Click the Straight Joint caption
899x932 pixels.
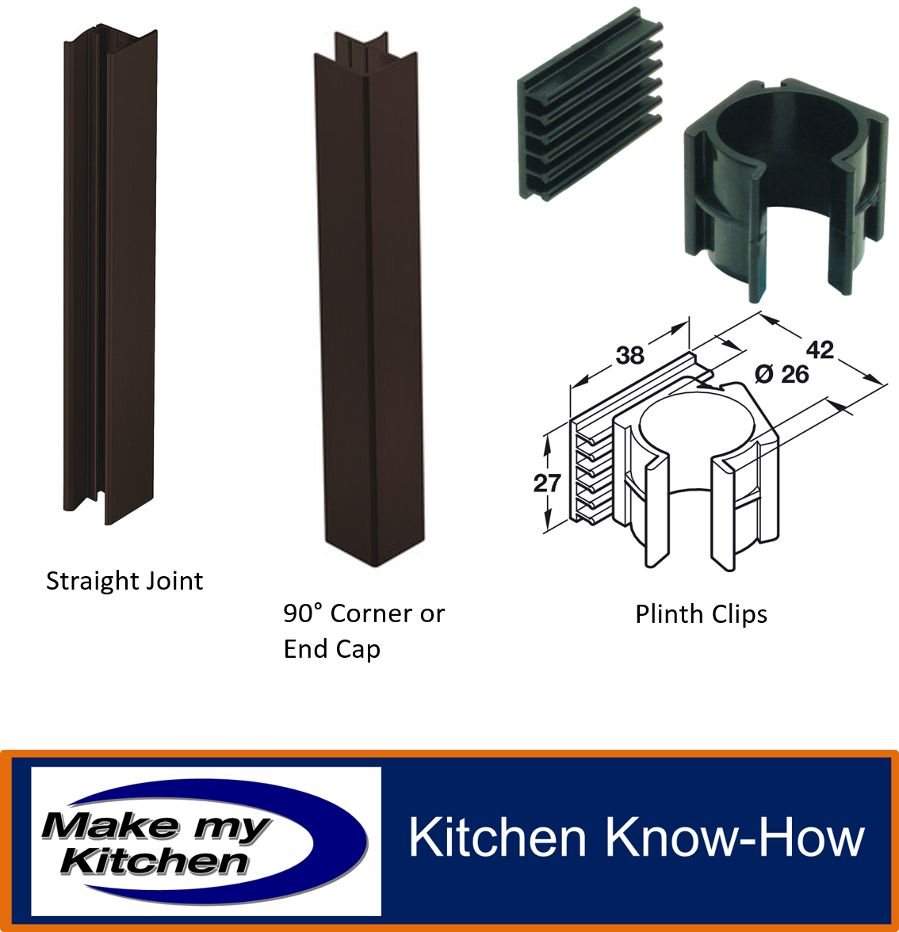(x=124, y=582)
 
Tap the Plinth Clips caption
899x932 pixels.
(x=701, y=615)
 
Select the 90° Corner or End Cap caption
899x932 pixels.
(x=363, y=631)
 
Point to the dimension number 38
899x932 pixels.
(x=629, y=355)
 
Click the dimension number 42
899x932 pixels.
(x=820, y=349)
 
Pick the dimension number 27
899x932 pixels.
(x=547, y=483)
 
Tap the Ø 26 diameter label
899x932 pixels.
(x=782, y=374)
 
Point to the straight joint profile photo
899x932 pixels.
(x=109, y=274)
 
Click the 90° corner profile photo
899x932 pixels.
(x=369, y=298)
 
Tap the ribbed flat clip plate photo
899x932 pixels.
(x=591, y=104)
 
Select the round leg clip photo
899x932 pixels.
(x=785, y=190)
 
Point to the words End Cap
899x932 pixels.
(x=331, y=649)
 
